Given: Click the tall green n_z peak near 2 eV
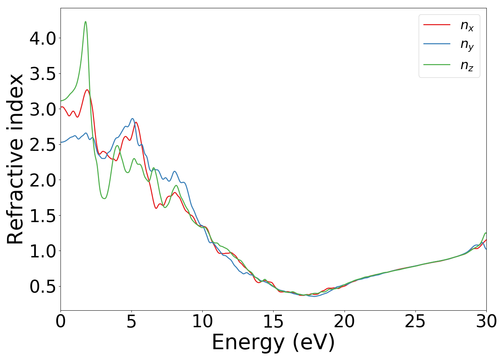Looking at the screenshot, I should click(x=85, y=22).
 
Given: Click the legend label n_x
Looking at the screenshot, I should click(x=467, y=25).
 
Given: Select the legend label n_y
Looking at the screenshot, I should click(x=467, y=45).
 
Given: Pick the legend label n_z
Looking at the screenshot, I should click(x=467, y=65).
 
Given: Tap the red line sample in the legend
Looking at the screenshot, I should click(x=437, y=24).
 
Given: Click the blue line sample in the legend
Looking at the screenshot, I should click(x=437, y=44).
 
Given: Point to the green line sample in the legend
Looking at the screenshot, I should click(x=437, y=64).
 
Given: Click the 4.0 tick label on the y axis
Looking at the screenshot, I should click(x=42, y=38).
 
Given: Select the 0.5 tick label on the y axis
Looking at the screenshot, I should click(x=42, y=287).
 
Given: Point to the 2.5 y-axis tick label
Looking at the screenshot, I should click(x=42, y=145).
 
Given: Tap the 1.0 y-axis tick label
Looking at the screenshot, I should click(x=42, y=251).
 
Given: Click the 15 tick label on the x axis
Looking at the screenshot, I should click(x=273, y=321).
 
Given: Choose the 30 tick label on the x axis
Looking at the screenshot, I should click(x=486, y=321).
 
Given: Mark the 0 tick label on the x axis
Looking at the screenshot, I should click(x=61, y=321).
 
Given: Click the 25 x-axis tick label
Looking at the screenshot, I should click(x=415, y=321).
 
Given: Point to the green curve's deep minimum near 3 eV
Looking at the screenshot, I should click(x=104, y=198).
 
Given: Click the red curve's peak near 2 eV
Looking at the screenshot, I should click(x=87, y=90).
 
